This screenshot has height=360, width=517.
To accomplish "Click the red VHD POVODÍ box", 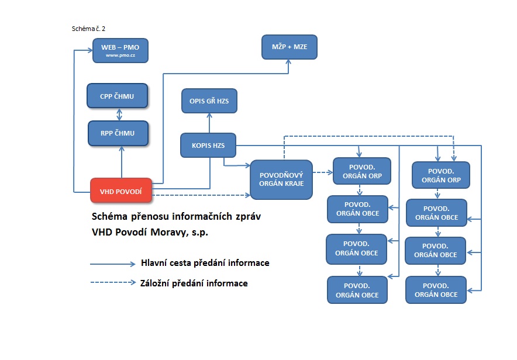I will (x=121, y=191).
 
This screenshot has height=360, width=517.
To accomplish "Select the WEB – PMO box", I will (x=120, y=50).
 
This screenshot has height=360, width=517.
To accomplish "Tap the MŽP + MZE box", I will (x=289, y=47).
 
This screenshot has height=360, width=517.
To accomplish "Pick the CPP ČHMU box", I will (x=117, y=96).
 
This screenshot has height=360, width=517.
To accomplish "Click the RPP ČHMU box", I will (x=118, y=133).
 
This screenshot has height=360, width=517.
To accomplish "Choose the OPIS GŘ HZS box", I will (x=209, y=101).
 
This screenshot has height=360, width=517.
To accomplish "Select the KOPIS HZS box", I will (x=208, y=145).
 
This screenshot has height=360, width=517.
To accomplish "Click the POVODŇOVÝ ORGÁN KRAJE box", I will (x=281, y=179).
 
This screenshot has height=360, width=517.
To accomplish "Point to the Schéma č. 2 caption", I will (x=88, y=28).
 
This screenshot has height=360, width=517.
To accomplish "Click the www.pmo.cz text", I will (x=120, y=56).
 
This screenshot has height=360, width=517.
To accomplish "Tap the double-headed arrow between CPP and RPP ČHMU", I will (x=118, y=114).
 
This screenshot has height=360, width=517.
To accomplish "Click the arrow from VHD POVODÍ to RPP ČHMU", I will (x=122, y=162).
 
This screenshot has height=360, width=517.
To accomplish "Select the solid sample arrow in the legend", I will (x=112, y=264).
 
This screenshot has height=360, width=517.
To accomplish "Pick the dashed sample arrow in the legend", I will (x=112, y=283).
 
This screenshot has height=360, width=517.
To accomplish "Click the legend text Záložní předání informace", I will (x=194, y=283).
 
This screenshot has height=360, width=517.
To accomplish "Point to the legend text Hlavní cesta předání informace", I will (x=205, y=263).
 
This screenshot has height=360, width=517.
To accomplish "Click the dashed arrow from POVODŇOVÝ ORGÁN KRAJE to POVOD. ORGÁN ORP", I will (x=323, y=172).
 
